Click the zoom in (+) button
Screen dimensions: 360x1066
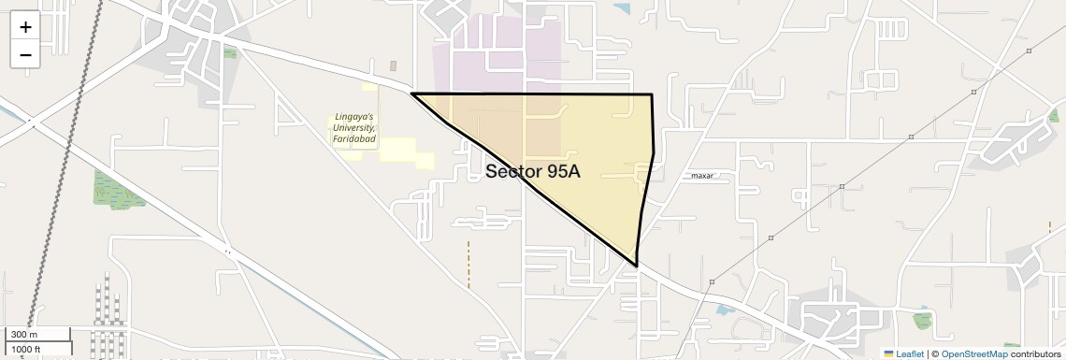pyautogui.click(x=25, y=26)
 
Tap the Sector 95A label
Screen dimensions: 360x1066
pyautogui.click(x=533, y=171)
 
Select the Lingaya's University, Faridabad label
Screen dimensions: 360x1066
pyautogui.click(x=354, y=128)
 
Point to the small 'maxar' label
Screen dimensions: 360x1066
pyautogui.click(x=702, y=176)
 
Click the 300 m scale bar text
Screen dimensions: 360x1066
pyautogui.click(x=24, y=335)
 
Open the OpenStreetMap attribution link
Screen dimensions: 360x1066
pyautogui.click(x=973, y=353)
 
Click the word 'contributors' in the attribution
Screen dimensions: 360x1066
pyautogui.click(x=1035, y=353)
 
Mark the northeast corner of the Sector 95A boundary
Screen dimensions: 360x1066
pyautogui.click(x=652, y=94)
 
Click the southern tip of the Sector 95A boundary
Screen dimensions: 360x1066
pyautogui.click(x=637, y=266)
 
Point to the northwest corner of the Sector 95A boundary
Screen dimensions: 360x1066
pyautogui.click(x=412, y=94)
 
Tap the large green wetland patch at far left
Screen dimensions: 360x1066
pyautogui.click(x=113, y=190)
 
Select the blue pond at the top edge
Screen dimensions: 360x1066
pyautogui.click(x=622, y=7)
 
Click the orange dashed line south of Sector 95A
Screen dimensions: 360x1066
pyautogui.click(x=468, y=264)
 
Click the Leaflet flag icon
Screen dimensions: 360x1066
pyautogui.click(x=888, y=353)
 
